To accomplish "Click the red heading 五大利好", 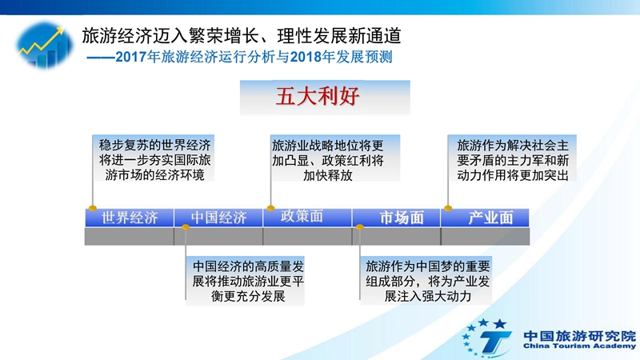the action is pyautogui.click(x=317, y=97).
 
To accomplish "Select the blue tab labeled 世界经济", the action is pyautogui.click(x=130, y=218).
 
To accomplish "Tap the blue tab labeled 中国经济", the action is pyautogui.click(x=218, y=218).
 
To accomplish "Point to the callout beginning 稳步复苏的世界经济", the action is pyautogui.click(x=154, y=158).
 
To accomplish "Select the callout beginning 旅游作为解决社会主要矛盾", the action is pyautogui.click(x=512, y=158).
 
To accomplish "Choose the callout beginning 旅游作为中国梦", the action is pyautogui.click(x=426, y=281).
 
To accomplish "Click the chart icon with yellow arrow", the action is pyautogui.click(x=44, y=45).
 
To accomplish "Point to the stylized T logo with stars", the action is pyautogui.click(x=486, y=338).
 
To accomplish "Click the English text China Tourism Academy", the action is pyautogui.click(x=579, y=346).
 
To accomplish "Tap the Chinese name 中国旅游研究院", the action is pyautogui.click(x=579, y=336).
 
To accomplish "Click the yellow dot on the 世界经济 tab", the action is pyautogui.click(x=93, y=208).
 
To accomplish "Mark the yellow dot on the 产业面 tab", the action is pyautogui.click(x=448, y=208).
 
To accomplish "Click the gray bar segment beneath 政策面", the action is pyautogui.click(x=307, y=236).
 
